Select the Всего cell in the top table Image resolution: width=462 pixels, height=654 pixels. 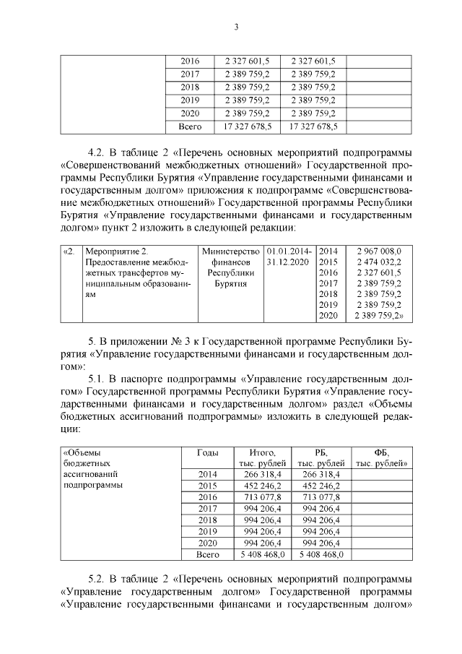[x=190, y=126]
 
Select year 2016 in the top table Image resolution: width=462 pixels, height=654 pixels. [x=190, y=61]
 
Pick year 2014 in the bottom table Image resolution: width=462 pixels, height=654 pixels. [x=207, y=474]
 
